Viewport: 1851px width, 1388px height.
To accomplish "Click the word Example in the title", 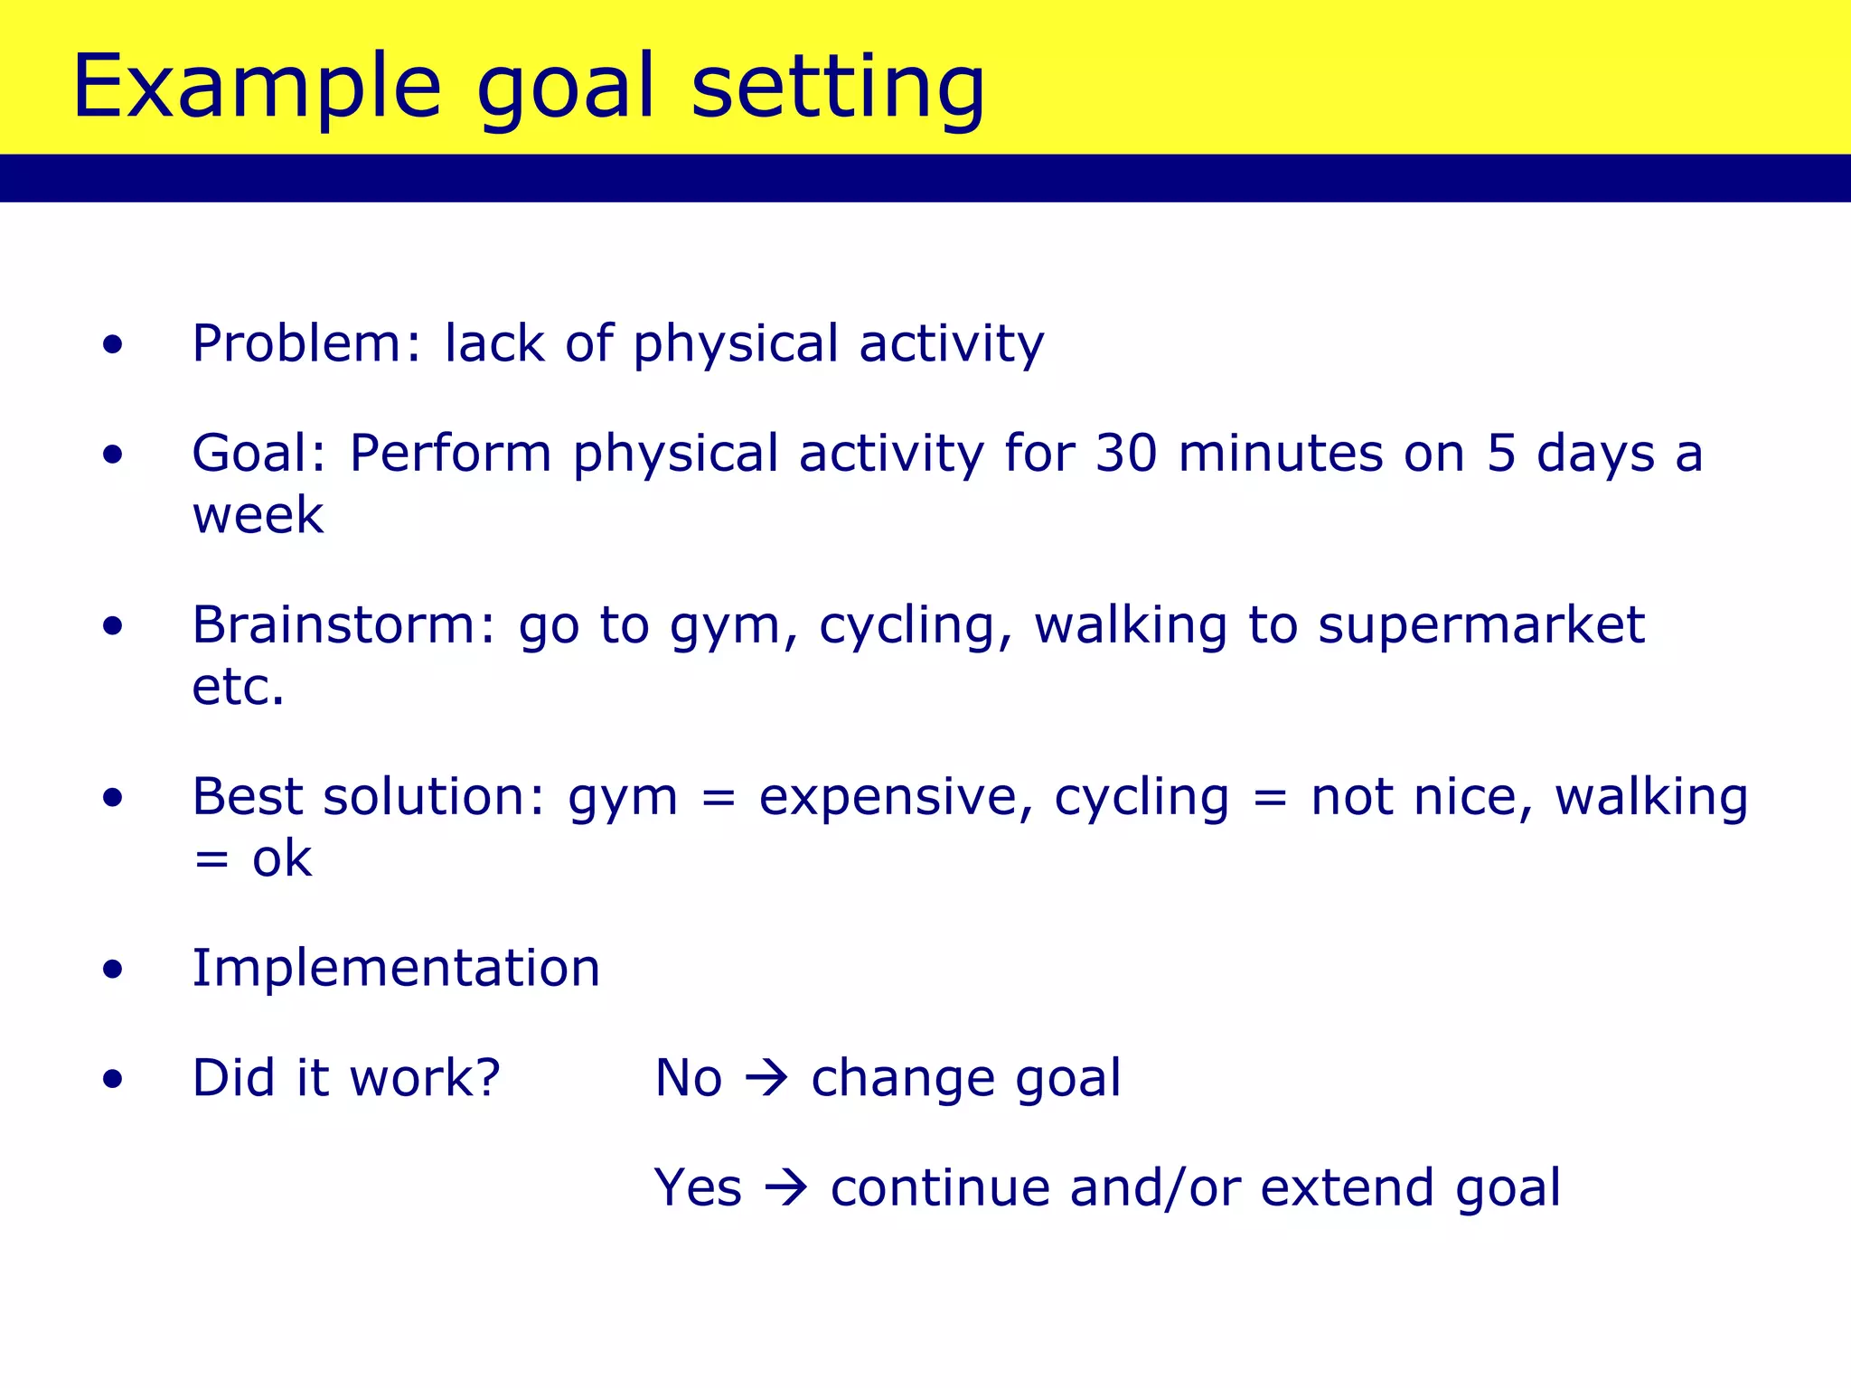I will point(257,87).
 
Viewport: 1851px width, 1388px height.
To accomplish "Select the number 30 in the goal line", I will point(1126,453).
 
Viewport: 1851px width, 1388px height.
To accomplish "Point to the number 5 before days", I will point(1501,453).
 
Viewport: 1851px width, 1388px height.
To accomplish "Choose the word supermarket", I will point(1481,625).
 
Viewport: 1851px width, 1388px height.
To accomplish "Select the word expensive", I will point(896,798).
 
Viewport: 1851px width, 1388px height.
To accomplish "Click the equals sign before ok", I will point(211,859).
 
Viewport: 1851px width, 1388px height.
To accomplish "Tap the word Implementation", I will point(396,968).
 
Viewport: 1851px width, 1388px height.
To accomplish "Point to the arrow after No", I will point(766,1078).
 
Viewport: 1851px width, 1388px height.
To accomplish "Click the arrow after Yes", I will point(785,1187).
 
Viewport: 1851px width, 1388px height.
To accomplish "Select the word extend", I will point(1347,1187).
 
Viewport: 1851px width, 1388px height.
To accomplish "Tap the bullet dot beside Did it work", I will point(112,1079).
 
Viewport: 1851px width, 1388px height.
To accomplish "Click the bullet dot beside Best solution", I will point(112,798).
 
